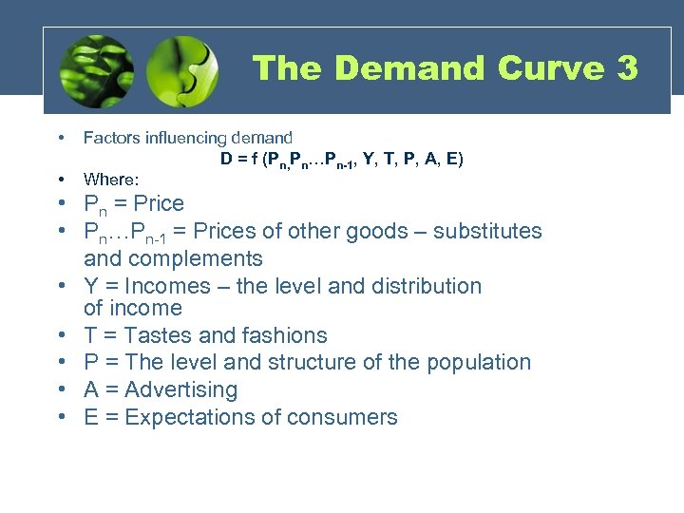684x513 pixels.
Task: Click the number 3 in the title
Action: point(626,68)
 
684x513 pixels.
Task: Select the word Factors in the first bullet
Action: point(111,138)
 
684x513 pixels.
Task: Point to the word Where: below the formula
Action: point(111,179)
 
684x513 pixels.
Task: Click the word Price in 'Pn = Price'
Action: point(159,203)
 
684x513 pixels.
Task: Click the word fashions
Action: point(283,335)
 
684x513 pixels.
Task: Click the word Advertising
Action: point(180,389)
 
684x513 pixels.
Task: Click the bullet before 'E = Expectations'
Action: point(61,417)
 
